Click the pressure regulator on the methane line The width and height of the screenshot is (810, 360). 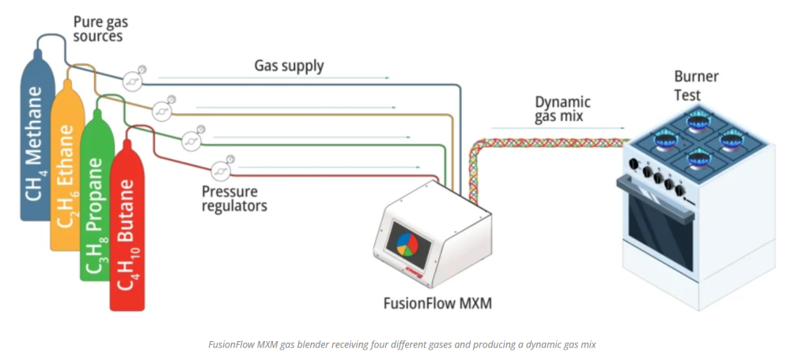click(132, 79)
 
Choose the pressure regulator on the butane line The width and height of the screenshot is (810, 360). click(221, 168)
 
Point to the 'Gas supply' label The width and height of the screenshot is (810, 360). click(289, 65)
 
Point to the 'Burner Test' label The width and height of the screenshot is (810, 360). click(687, 85)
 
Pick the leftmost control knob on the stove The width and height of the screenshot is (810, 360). click(633, 165)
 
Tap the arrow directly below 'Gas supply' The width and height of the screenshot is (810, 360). click(274, 78)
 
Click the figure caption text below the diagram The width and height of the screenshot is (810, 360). click(404, 344)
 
